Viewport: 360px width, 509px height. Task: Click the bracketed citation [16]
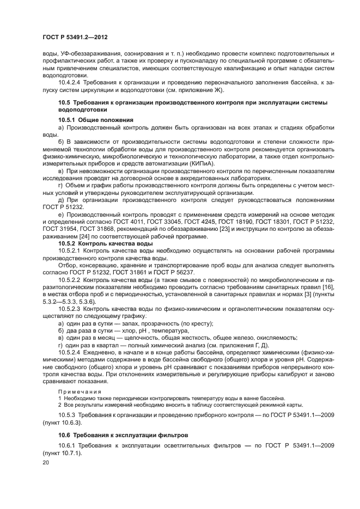coord(328,286)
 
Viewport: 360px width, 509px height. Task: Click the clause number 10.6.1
coord(68,445)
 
